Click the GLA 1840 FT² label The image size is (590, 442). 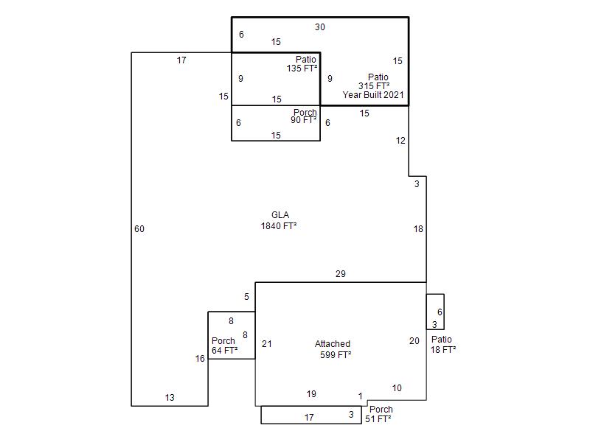point(279,220)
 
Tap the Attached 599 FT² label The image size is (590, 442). point(333,349)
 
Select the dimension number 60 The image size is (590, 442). point(139,229)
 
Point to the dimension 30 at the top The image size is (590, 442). point(320,27)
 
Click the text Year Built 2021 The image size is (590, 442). point(373,95)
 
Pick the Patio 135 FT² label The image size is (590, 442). point(302,64)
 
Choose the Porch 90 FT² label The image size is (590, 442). point(304,116)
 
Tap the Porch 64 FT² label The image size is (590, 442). point(225,345)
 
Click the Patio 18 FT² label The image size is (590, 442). point(443,345)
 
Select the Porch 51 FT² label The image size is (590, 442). point(378,414)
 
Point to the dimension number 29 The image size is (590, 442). point(341,274)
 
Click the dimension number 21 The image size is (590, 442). point(267,344)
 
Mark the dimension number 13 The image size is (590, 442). point(170,398)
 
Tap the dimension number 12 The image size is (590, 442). point(400,141)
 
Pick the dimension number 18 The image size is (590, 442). point(418,229)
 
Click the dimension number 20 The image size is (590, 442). point(414,341)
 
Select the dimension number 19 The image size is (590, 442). point(311,394)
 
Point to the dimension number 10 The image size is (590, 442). point(397,388)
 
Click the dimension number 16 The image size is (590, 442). point(200,359)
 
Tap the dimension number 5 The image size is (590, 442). point(246,297)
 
